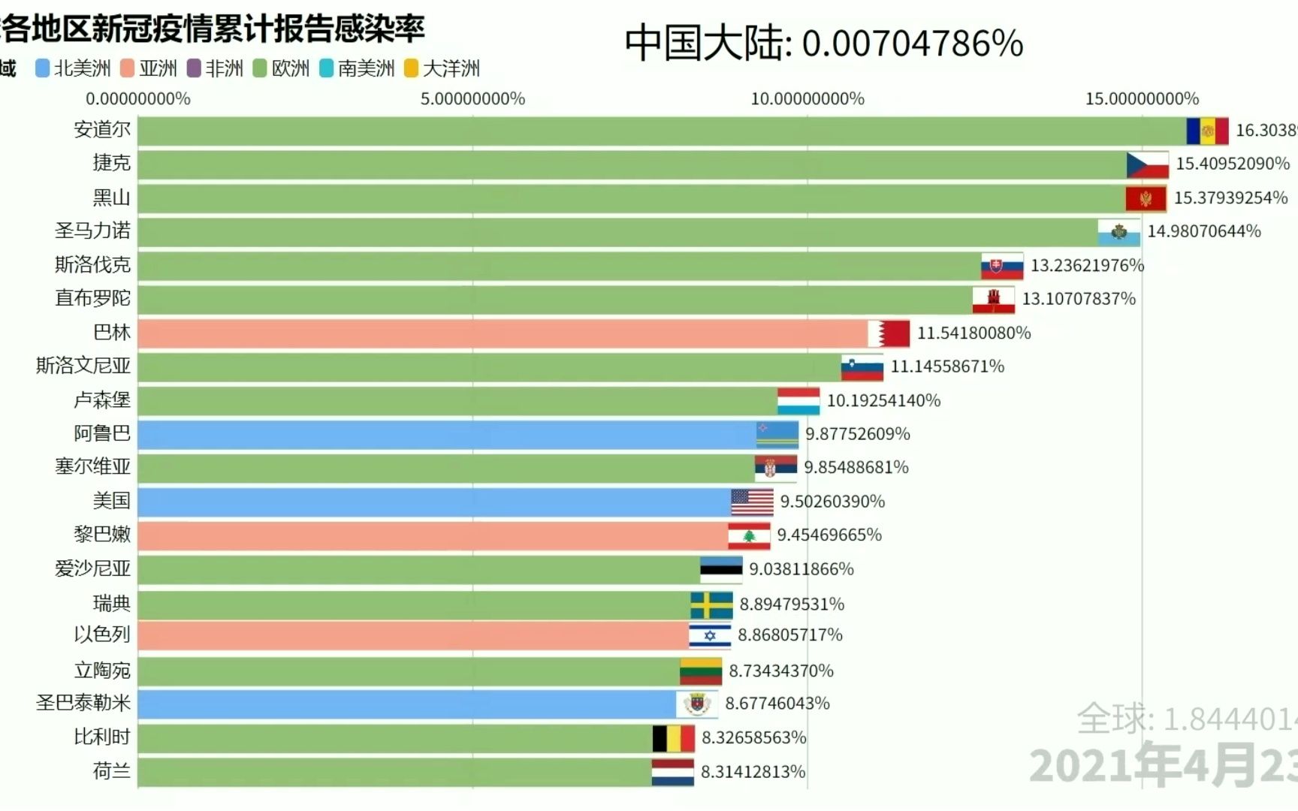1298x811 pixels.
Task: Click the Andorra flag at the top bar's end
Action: (1207, 131)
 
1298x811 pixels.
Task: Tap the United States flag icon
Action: (751, 502)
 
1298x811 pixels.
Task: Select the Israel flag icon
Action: (710, 636)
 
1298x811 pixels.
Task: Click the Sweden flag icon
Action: (711, 604)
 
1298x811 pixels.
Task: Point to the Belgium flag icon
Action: (673, 738)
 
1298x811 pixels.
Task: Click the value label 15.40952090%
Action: (1232, 164)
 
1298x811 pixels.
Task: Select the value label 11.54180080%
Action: (973, 333)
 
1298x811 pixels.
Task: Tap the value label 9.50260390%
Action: (832, 502)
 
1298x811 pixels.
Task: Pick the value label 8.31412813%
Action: (753, 772)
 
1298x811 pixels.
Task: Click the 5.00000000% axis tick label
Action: (472, 99)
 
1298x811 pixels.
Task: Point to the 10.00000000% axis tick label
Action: (807, 99)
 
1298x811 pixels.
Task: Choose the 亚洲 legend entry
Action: (149, 69)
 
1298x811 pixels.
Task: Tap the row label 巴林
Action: (111, 333)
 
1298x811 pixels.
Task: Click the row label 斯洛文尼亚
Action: (83, 366)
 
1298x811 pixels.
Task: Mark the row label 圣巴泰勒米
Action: (83, 704)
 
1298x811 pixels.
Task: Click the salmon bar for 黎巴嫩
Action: (432, 535)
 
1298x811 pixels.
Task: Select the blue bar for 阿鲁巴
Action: (447, 435)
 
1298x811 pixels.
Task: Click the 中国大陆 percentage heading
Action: (823, 44)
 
